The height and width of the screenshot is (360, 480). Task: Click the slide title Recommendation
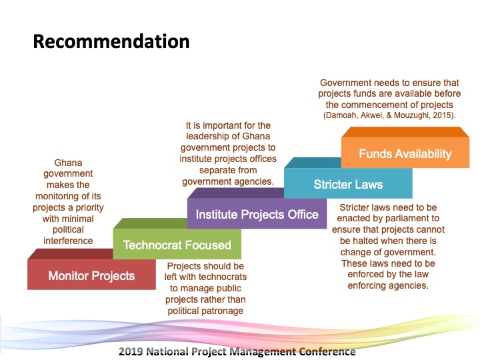[111, 41]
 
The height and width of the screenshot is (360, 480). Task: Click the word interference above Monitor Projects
[68, 241]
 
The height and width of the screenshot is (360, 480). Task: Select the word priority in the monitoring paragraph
[90, 208]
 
